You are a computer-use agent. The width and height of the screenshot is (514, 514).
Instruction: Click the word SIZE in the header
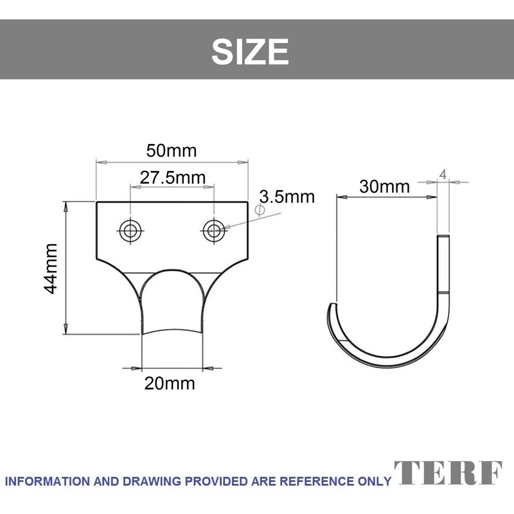[x=250, y=51]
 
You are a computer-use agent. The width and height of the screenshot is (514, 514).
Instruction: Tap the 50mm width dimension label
[x=172, y=151]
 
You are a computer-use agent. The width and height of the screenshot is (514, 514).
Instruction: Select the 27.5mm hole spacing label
[x=173, y=178]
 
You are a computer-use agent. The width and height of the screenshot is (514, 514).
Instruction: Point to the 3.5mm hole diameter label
[x=287, y=197]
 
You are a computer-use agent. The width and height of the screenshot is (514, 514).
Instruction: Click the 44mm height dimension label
[x=51, y=269]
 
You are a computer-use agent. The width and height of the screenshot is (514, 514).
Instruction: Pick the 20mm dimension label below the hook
[x=170, y=383]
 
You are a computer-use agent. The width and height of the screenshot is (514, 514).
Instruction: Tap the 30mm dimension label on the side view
[x=384, y=186]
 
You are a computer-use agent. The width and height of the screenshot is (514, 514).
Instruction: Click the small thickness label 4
[x=443, y=175]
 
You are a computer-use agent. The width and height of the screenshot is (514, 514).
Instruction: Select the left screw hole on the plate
[x=130, y=231]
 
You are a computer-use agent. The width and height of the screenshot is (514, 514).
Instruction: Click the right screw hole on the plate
[x=214, y=231]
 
